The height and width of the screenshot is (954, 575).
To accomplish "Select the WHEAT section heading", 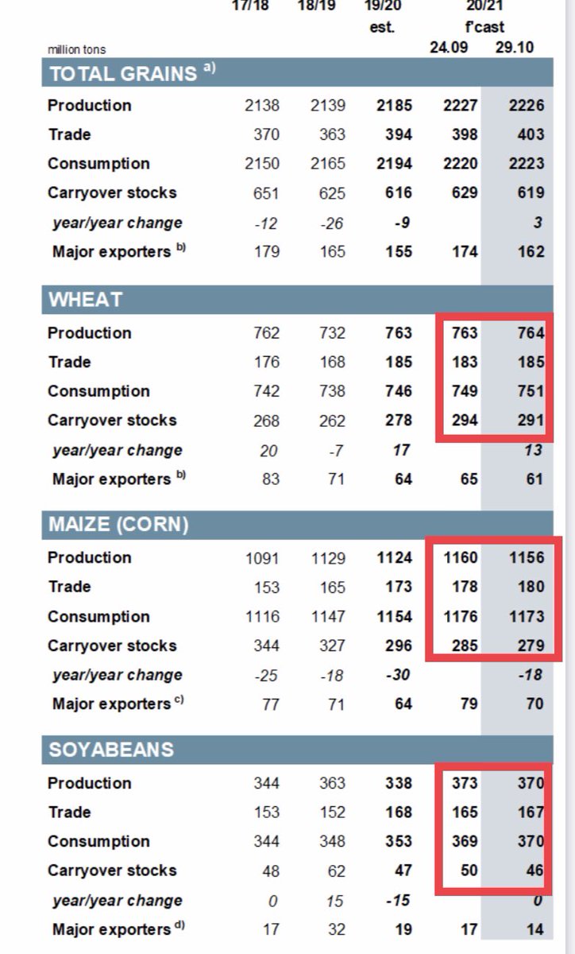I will (86, 300).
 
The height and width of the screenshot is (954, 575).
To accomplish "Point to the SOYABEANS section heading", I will (111, 750).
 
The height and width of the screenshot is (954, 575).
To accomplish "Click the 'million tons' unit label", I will (76, 49).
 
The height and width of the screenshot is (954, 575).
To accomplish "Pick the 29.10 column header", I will (514, 47).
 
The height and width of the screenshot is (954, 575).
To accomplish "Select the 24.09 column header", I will (449, 47).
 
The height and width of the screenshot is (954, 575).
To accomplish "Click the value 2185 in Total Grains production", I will (394, 106).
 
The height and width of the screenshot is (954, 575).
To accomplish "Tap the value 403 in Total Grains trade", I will (530, 134).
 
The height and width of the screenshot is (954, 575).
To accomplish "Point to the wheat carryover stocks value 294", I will (464, 421).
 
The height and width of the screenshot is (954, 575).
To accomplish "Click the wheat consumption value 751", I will (530, 391).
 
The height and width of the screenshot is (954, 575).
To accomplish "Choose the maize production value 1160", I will (461, 557).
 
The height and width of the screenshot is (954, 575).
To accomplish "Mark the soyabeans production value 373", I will (464, 783).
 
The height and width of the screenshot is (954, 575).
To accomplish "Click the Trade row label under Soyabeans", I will (69, 812).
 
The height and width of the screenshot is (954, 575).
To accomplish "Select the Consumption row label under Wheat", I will (98, 391).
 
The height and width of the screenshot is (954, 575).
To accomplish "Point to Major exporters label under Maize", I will (111, 704).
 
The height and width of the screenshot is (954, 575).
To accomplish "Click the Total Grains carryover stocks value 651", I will (266, 192).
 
